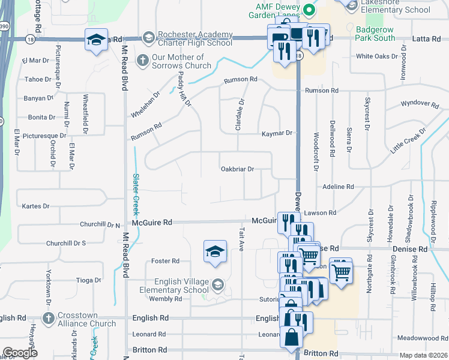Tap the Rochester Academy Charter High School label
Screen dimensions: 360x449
click(x=194, y=39)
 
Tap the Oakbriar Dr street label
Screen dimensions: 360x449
click(x=238, y=169)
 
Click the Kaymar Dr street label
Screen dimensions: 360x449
click(x=276, y=133)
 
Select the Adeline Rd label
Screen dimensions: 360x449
click(x=338, y=187)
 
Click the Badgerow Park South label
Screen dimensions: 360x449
click(x=376, y=33)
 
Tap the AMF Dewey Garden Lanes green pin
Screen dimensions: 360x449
click(x=309, y=10)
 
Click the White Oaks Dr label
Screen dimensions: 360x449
click(x=377, y=56)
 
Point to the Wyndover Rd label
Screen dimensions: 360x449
click(x=420, y=104)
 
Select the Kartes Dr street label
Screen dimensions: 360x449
click(x=35, y=206)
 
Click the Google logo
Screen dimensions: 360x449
click(x=20, y=353)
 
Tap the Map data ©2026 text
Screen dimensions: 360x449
click(x=423, y=355)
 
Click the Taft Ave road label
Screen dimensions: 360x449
click(x=241, y=239)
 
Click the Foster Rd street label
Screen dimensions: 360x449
click(x=166, y=261)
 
